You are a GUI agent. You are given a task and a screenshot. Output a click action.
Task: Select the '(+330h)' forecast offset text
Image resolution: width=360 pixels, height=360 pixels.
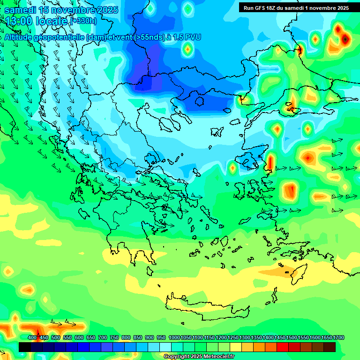point(83,21)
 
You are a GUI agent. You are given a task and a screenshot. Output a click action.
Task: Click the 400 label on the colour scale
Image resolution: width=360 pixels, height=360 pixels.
point(32,337)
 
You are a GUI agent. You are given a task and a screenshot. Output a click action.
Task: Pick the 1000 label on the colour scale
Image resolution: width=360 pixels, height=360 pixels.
point(174,337)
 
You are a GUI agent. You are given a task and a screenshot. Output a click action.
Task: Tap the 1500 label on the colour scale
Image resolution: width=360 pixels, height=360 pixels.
point(292,337)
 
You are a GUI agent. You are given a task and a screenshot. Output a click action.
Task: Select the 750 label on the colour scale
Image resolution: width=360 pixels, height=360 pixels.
point(114,337)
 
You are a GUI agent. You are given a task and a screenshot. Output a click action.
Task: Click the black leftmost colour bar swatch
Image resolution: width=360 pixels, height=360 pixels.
point(25,347)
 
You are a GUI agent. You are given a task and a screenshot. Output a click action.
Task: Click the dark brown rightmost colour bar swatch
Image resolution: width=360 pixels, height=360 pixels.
point(330,347)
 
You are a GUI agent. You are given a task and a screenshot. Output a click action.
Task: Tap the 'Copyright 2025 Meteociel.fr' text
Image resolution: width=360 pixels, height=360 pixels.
point(199,357)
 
